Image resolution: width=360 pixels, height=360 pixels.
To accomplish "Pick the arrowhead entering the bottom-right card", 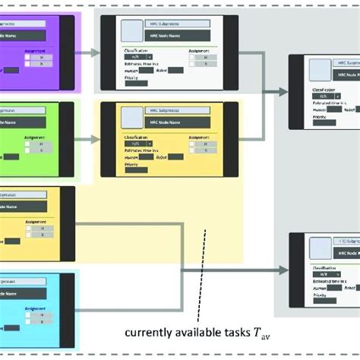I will coord(283,270).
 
